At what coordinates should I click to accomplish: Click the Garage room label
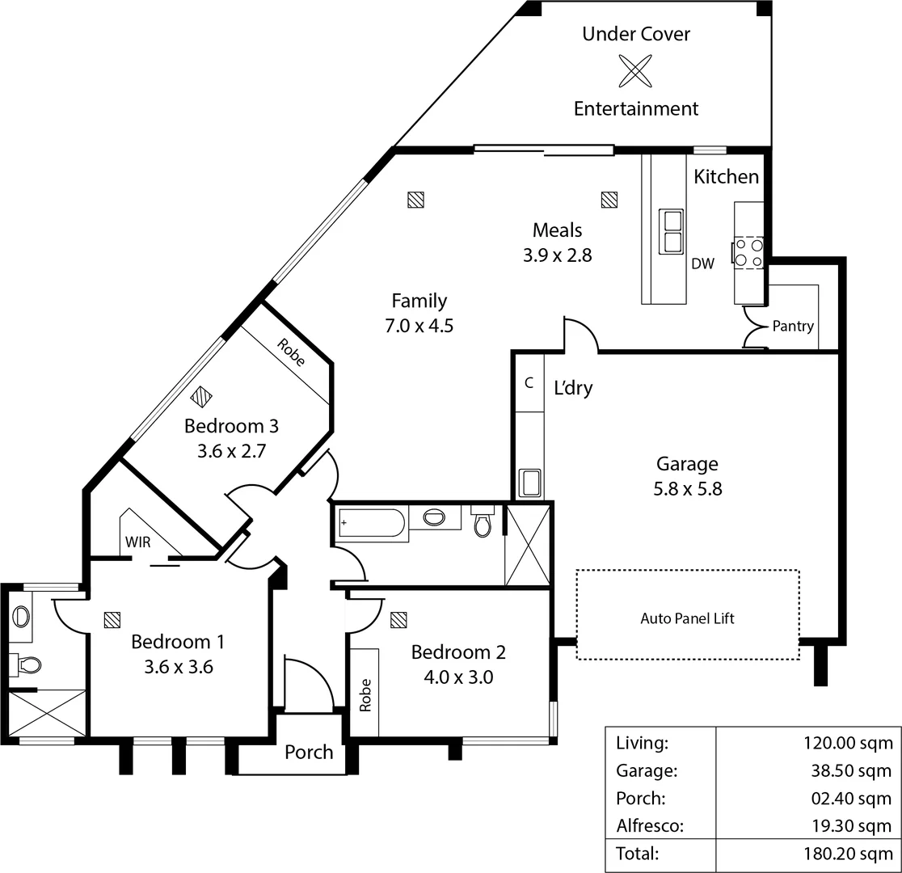click(x=687, y=464)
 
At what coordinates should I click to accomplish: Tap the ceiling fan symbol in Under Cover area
click(x=635, y=70)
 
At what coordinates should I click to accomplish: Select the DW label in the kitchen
click(x=702, y=264)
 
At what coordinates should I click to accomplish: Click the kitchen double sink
click(x=672, y=230)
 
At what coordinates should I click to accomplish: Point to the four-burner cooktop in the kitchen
click(x=748, y=251)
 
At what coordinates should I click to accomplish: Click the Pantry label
click(x=793, y=327)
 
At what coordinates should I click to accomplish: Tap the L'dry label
click(x=573, y=388)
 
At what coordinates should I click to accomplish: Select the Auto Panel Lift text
click(x=687, y=619)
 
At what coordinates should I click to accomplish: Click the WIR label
click(x=137, y=542)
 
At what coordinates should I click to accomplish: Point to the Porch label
click(x=309, y=753)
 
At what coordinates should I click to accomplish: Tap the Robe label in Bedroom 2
click(x=365, y=694)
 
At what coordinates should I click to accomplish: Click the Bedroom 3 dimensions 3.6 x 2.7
click(x=231, y=451)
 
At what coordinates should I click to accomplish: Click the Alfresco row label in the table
click(x=649, y=826)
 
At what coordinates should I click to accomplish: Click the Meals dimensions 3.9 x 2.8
click(x=557, y=255)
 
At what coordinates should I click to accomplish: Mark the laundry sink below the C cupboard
click(x=530, y=483)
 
